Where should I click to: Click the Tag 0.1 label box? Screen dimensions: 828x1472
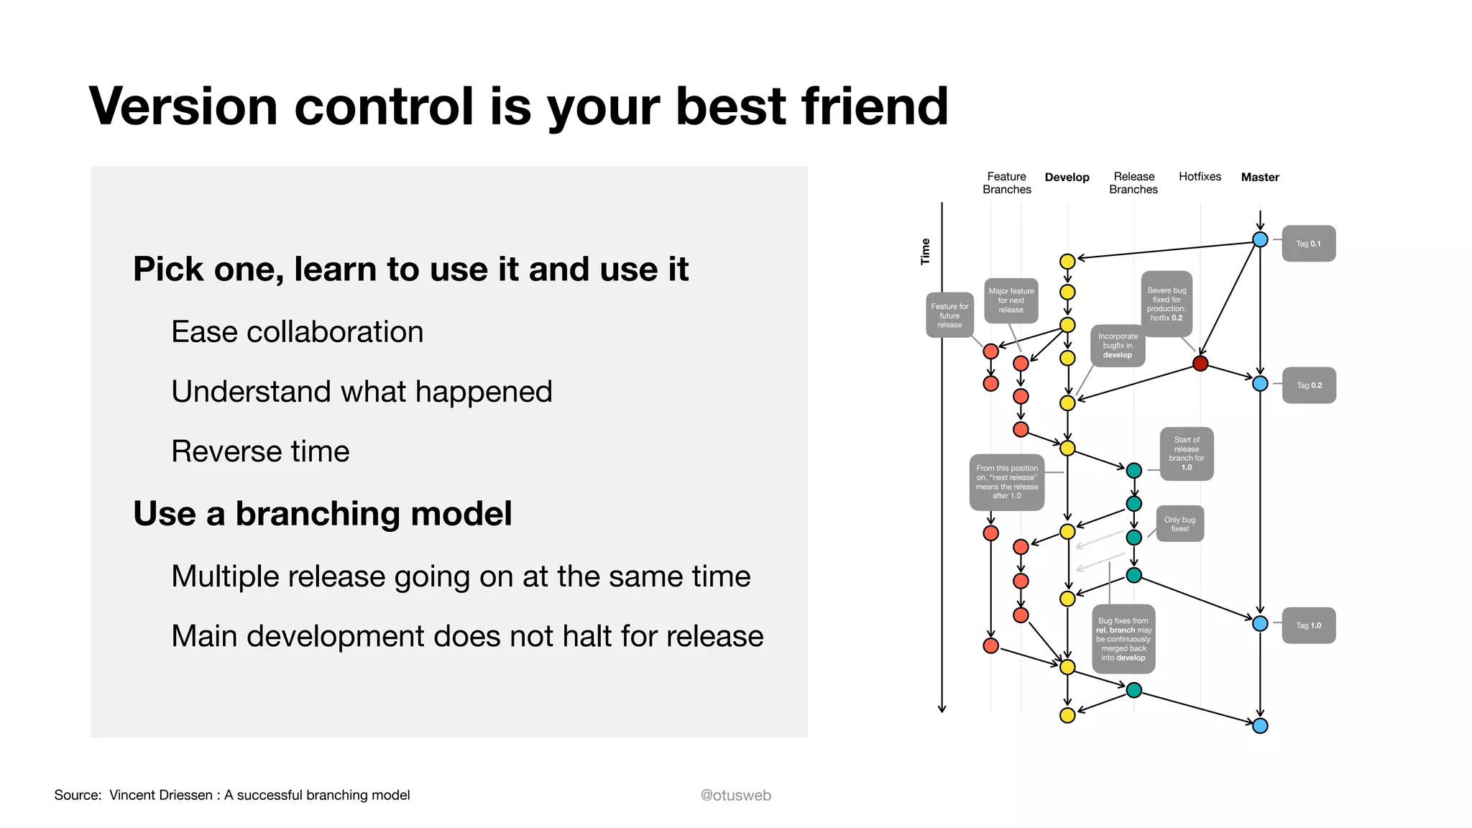pos(1308,244)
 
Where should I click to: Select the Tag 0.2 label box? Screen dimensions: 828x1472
pos(1308,385)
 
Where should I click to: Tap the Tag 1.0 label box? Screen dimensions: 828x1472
pos(1308,625)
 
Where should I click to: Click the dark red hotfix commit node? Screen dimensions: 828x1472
pos(1200,364)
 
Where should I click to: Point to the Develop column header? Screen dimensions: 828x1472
pos(1067,178)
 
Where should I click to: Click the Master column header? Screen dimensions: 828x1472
pos(1259,178)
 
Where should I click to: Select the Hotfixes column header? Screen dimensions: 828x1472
pos(1200,177)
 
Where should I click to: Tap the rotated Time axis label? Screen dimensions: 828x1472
pos(926,252)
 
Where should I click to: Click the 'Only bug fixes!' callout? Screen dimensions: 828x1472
pos(1179,524)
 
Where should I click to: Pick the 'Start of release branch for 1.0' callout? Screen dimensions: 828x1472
pos(1186,454)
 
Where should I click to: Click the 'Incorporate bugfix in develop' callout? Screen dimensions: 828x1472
pos(1118,346)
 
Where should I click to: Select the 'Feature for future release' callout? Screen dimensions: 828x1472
pos(949,316)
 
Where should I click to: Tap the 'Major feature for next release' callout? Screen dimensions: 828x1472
pos(1011,300)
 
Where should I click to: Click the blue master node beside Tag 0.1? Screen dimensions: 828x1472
pos(1260,240)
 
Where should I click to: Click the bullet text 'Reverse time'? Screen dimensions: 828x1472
pos(260,451)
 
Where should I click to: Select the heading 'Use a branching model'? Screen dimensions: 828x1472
pos(323,514)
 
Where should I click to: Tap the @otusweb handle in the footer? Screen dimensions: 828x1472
pos(735,795)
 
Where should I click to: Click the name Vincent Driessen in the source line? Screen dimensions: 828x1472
pos(160,795)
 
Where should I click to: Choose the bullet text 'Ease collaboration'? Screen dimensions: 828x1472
pos(297,332)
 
